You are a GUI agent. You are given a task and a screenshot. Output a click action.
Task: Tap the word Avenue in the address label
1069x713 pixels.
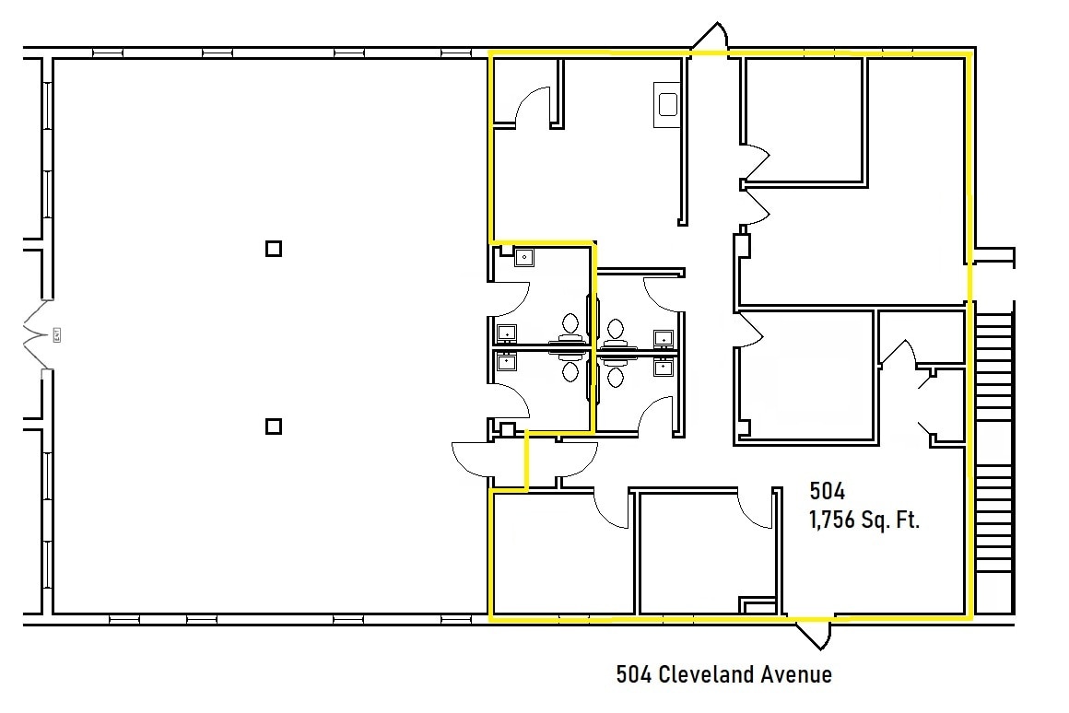pos(796,674)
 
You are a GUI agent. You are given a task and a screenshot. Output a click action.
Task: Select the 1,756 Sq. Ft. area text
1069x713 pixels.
pos(864,520)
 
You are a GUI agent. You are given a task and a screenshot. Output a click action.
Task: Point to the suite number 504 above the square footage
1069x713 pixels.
pos(827,490)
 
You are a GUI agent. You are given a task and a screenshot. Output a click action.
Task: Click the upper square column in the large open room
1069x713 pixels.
pos(273,248)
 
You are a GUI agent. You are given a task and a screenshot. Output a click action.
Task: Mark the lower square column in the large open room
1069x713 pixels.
pos(273,426)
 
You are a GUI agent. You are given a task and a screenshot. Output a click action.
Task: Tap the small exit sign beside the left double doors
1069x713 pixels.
pos(55,334)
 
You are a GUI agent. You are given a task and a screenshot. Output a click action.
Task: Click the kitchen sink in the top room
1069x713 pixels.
pos(666,102)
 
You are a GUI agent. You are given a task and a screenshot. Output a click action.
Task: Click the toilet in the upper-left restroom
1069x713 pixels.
pos(570,324)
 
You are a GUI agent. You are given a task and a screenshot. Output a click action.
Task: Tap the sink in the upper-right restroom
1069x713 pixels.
pos(663,336)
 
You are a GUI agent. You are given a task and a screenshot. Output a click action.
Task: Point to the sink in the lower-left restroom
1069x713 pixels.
pos(506,362)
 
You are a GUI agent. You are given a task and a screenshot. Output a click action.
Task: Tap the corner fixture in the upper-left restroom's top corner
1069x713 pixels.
pos(523,257)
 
